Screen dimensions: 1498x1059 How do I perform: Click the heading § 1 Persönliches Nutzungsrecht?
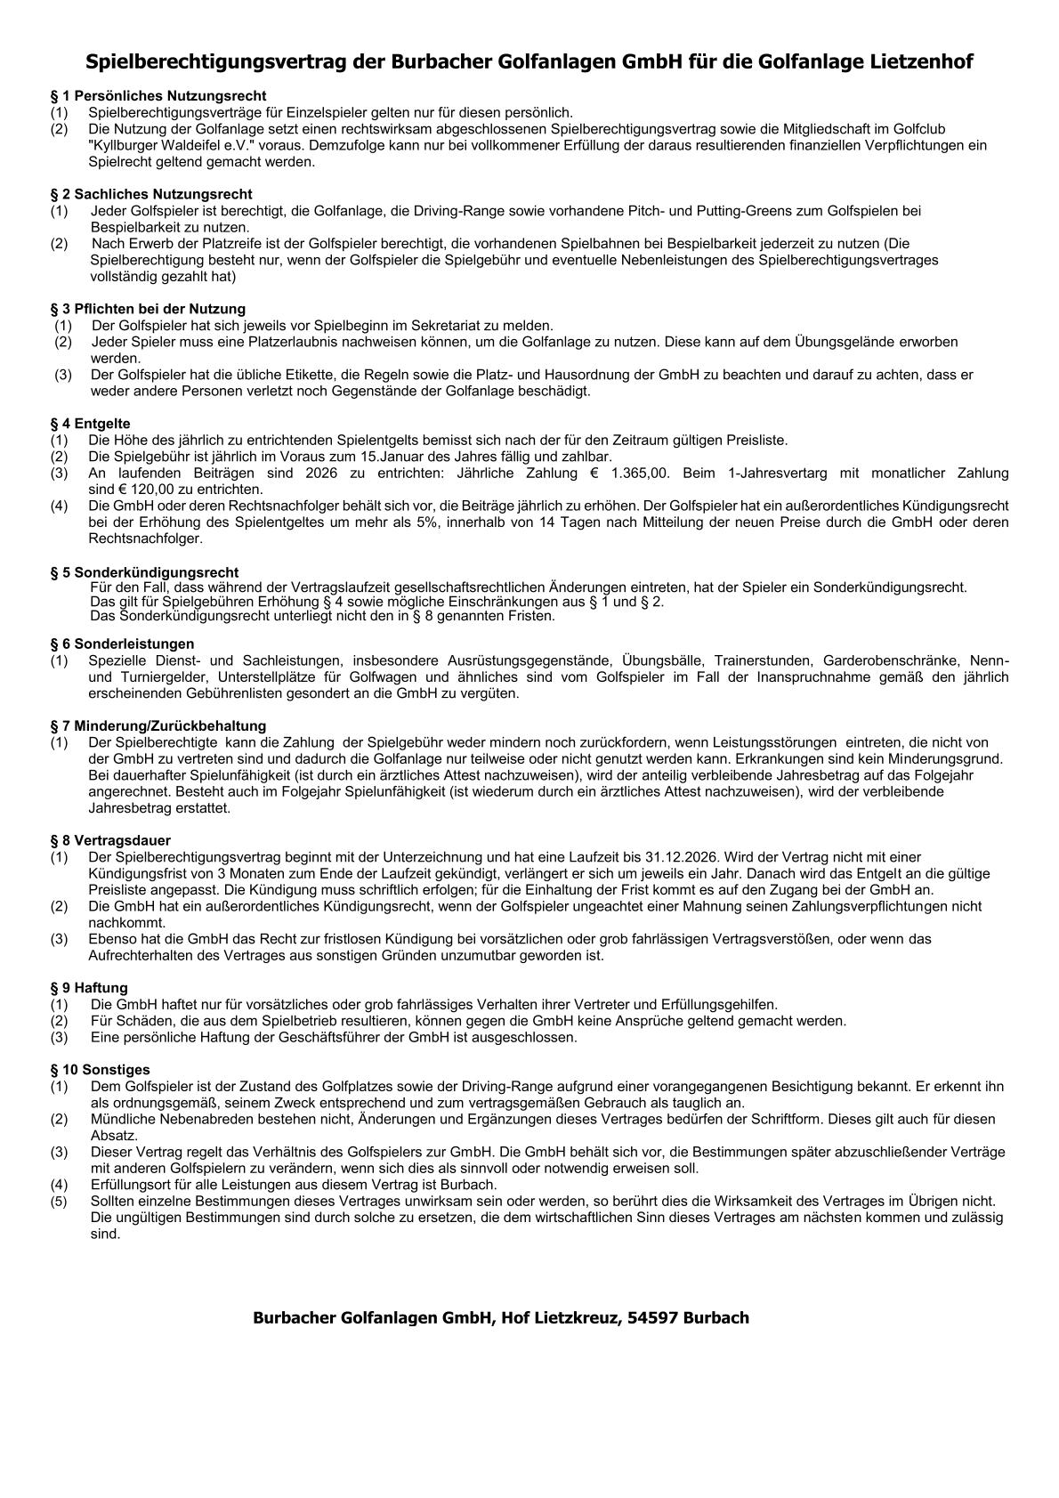pos(158,96)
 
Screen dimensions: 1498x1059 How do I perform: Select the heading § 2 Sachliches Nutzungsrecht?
pos(151,194)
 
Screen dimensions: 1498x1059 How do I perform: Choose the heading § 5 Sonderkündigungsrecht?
pos(144,572)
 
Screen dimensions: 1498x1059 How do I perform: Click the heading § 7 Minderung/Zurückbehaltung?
pos(158,726)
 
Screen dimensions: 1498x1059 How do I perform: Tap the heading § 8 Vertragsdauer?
pos(110,840)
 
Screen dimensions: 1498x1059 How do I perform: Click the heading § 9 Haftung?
pos(89,988)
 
